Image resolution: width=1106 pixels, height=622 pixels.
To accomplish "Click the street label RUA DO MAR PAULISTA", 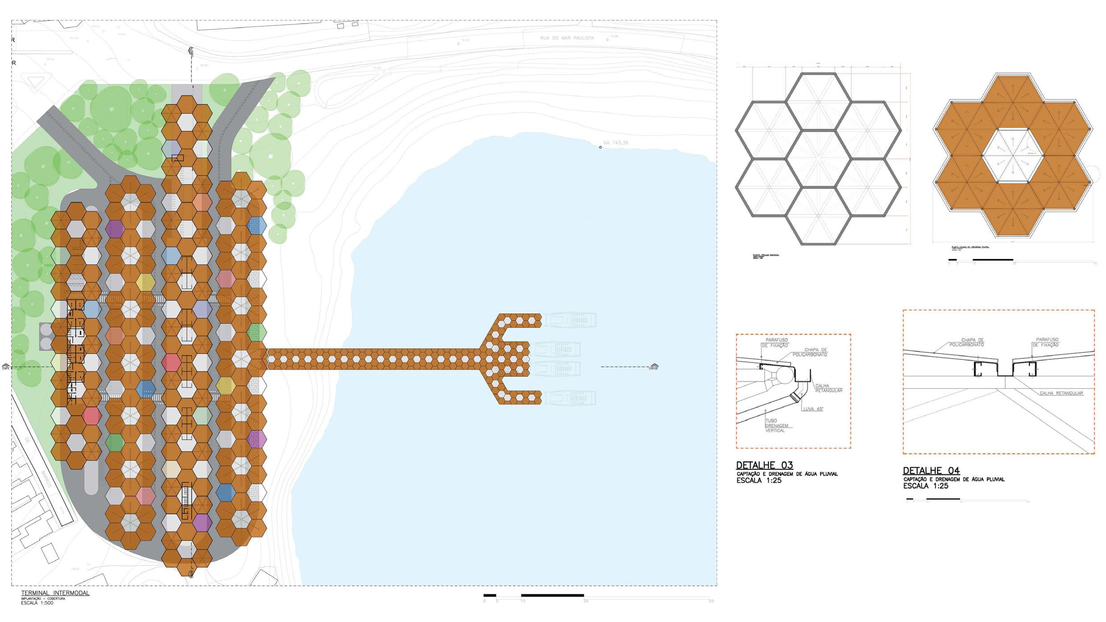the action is click(x=567, y=38).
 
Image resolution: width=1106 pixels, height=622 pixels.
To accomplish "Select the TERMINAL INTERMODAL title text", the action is click(x=55, y=593).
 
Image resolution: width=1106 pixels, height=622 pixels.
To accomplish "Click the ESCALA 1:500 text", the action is click(x=37, y=603).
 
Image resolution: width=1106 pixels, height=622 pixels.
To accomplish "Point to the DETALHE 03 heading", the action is click(x=764, y=465).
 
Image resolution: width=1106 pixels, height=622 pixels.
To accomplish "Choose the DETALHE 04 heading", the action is click(x=931, y=470).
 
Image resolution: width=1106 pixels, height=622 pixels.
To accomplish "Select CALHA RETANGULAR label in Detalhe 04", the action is click(x=1061, y=393).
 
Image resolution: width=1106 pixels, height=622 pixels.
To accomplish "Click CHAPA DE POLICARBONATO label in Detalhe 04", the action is click(x=966, y=342).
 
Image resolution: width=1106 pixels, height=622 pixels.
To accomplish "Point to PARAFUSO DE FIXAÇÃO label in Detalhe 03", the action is click(x=776, y=342).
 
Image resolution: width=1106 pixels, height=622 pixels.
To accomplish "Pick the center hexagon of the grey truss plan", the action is click(x=818, y=159).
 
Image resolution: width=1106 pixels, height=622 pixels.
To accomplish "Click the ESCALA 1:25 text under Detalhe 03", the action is click(x=758, y=481).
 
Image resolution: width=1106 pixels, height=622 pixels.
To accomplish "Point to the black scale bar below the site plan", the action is click(x=552, y=595).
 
